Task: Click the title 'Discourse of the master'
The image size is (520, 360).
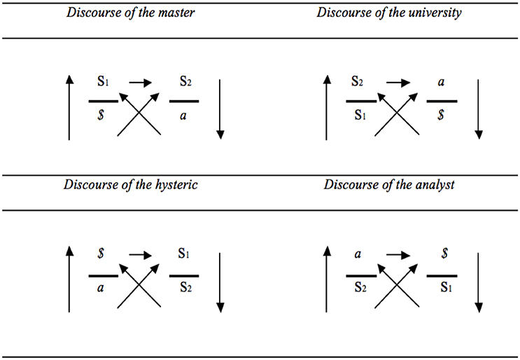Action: click(x=130, y=14)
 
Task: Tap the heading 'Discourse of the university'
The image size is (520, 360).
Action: click(x=389, y=14)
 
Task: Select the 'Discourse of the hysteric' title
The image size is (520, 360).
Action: click(x=130, y=185)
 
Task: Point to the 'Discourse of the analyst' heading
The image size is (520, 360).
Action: click(x=389, y=185)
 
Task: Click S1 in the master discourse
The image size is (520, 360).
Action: click(x=103, y=83)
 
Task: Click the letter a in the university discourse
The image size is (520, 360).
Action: click(x=441, y=83)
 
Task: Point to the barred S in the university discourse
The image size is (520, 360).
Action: click(x=441, y=117)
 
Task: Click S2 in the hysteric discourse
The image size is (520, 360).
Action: click(x=184, y=289)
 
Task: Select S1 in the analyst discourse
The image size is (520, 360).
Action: click(x=442, y=289)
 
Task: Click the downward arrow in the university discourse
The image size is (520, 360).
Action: click(x=479, y=109)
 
